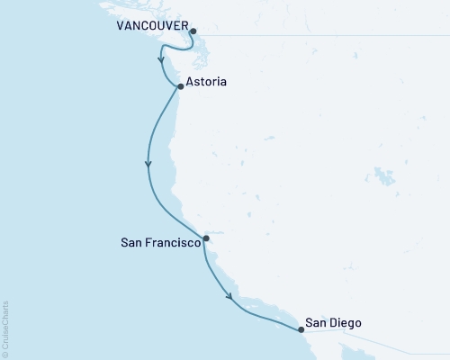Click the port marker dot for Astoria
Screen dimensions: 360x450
coord(181,86)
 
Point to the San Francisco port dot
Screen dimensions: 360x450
coord(207,238)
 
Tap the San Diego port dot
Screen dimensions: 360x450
coord(301,329)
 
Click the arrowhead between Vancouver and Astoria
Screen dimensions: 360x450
coord(162,63)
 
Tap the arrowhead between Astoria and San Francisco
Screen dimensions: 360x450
coord(148,165)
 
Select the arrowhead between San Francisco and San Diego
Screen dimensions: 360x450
coord(231,296)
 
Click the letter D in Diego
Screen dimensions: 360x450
coord(334,321)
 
